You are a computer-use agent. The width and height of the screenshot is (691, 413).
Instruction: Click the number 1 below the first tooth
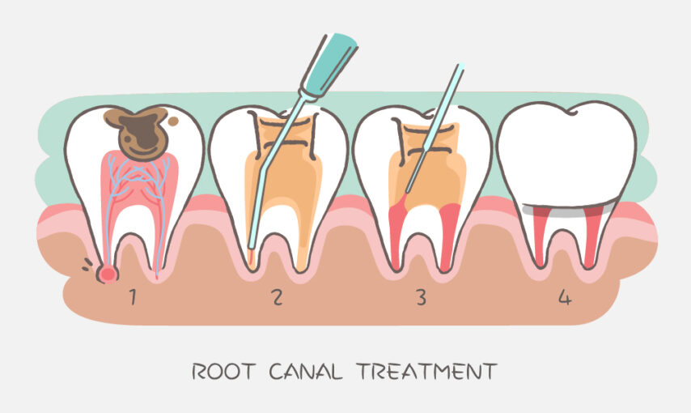(x=132, y=297)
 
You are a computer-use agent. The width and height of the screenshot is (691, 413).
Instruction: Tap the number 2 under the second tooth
(x=278, y=297)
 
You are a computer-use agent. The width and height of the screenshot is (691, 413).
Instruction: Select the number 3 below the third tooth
(x=422, y=297)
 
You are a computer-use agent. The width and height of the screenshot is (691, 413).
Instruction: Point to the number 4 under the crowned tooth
(x=565, y=298)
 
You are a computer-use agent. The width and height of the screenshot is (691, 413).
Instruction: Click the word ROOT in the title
(x=223, y=372)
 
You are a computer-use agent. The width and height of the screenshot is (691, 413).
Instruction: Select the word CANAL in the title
(x=305, y=372)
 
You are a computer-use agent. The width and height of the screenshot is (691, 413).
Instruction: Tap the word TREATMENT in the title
(x=426, y=372)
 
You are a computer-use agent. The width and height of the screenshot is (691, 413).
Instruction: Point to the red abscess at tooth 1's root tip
(x=108, y=274)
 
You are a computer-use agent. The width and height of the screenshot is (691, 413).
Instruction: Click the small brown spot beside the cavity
(x=174, y=121)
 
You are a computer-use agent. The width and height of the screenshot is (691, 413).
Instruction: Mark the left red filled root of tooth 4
(x=541, y=236)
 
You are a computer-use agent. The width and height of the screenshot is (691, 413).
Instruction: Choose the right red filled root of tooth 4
(x=591, y=236)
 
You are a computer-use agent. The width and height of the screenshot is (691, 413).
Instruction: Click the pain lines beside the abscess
(x=87, y=265)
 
